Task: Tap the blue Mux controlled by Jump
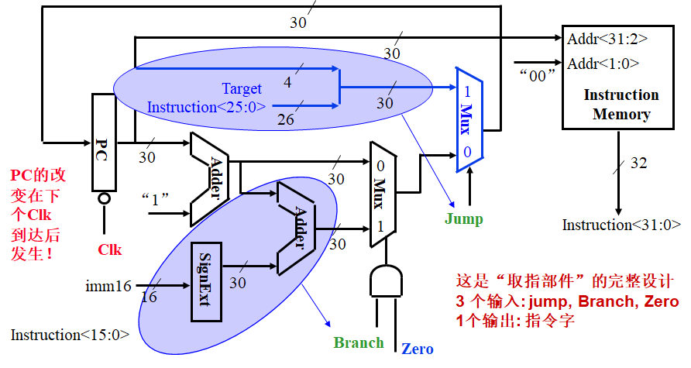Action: [x=467, y=116]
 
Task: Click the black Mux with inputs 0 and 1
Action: [x=380, y=194]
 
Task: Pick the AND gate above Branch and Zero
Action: [x=385, y=282]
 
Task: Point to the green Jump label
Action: [x=463, y=218]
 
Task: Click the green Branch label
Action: [x=359, y=342]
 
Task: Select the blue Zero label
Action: [x=417, y=349]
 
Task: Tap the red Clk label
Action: [x=109, y=250]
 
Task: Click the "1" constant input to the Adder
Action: [x=156, y=198]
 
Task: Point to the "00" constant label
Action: [x=537, y=75]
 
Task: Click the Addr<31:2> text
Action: [x=607, y=38]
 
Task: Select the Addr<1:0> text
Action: [x=603, y=63]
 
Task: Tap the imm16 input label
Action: [x=108, y=286]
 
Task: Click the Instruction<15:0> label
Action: [x=70, y=335]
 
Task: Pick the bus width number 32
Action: [x=638, y=163]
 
